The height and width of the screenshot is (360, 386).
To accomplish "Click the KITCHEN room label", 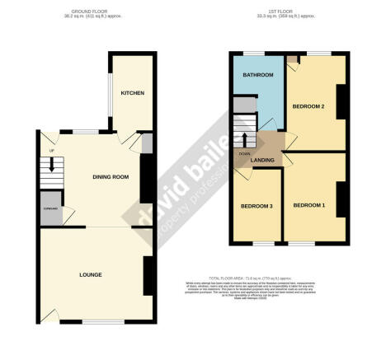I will point(132,93).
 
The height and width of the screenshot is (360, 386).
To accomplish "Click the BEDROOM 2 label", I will point(308,106).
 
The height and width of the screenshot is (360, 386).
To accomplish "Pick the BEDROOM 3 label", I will point(256,205).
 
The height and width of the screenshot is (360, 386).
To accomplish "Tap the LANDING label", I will point(263,160).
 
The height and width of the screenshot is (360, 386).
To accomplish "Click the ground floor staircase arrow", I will point(51,165).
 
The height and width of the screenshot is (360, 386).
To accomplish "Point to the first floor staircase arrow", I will point(244,136).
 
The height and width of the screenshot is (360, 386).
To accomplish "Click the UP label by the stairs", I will point(52,152).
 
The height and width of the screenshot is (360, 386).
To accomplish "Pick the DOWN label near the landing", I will point(244,154).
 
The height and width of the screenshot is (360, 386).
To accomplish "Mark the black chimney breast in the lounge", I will point(148,273).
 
